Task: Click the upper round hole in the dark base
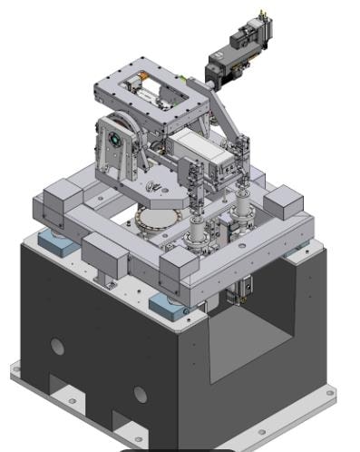point(58,346)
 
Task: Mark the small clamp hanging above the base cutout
point(238,290)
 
